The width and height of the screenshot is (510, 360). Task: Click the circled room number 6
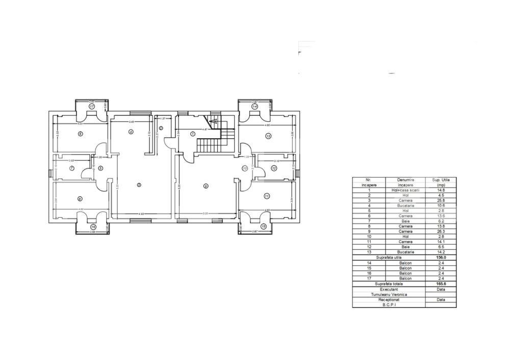pyautogui.click(x=81, y=134)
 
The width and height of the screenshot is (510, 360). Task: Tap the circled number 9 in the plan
pyautogui.click(x=206, y=186)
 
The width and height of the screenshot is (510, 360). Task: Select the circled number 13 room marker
pyautogui.click(x=268, y=136)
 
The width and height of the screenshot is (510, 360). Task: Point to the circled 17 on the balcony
pyautogui.click(x=92, y=107)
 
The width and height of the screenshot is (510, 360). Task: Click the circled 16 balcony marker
pyautogui.click(x=93, y=227)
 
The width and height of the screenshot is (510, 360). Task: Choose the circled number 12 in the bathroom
pyautogui.click(x=274, y=168)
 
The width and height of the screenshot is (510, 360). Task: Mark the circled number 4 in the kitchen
pyautogui.click(x=131, y=132)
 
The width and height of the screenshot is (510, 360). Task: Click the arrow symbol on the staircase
pyautogui.click(x=215, y=121)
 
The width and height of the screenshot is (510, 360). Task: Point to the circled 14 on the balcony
pyautogui.click(x=254, y=107)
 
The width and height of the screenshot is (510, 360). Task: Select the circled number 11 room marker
pyautogui.click(x=267, y=196)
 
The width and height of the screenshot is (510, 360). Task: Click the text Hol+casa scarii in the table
pyautogui.click(x=406, y=190)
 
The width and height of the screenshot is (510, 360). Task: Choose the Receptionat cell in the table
pyautogui.click(x=389, y=300)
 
